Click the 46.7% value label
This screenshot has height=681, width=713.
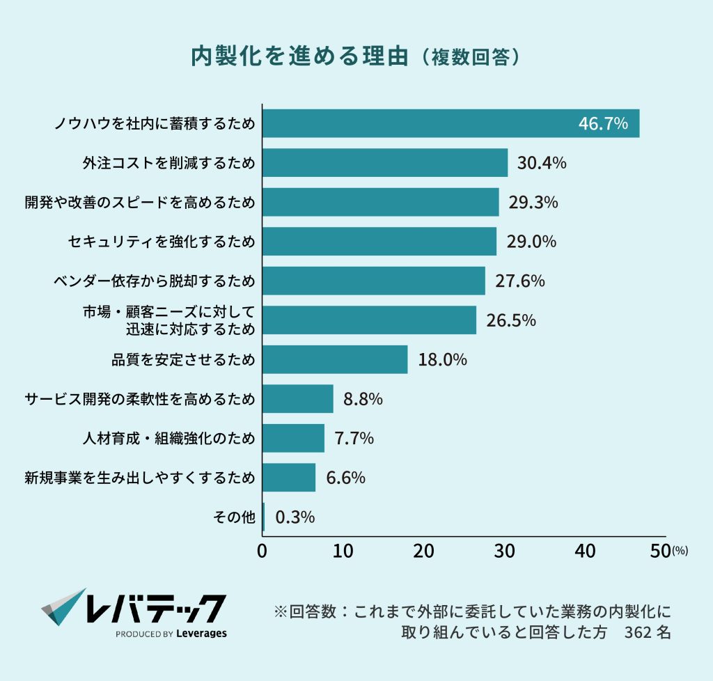pos(603,124)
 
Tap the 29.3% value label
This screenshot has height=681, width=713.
pos(533,203)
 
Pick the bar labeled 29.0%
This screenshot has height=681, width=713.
pos(379,242)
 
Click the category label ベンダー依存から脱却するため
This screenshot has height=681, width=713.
pos(154,281)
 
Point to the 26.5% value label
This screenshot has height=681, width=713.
pos(510,320)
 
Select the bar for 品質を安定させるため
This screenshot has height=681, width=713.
pos(335,360)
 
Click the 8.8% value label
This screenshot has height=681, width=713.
pos(363,399)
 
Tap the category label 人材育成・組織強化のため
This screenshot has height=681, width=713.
pos(169,439)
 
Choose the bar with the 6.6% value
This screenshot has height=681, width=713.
pos(289,478)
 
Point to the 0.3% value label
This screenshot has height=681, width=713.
pos(295,517)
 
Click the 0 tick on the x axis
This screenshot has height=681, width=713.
pos(263,551)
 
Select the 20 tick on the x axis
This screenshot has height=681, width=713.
pos(423,551)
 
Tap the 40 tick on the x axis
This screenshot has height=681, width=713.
pos(585,551)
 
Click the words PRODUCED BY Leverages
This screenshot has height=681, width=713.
pos(171,634)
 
